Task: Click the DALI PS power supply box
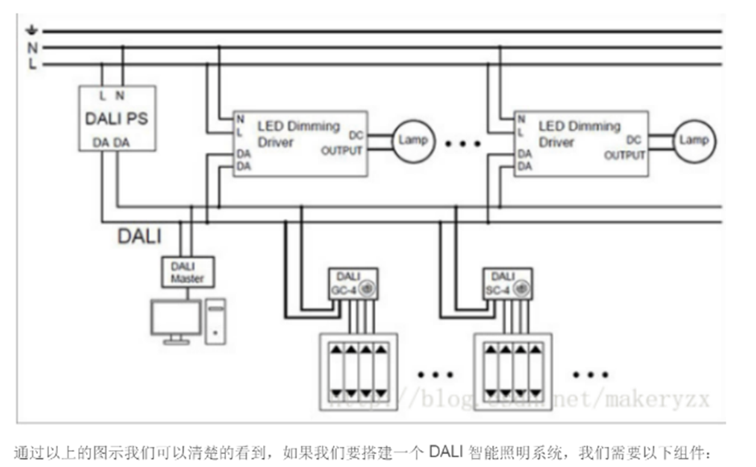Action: pos(117,118)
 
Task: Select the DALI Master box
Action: pos(187,272)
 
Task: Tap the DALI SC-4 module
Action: pos(507,283)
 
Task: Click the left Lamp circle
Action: pos(412,140)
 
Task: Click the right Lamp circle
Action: pos(694,140)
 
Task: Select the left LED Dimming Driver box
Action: pos(299,143)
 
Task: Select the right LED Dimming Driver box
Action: pos(581,143)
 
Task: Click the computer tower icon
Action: pos(216,321)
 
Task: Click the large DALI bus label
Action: pos(139,236)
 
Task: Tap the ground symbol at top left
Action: pos(33,32)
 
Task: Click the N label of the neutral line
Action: pos(33,48)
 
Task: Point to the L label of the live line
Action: pos(33,64)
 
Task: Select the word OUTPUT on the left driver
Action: pos(342,151)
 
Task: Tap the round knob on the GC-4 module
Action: pos(369,287)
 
